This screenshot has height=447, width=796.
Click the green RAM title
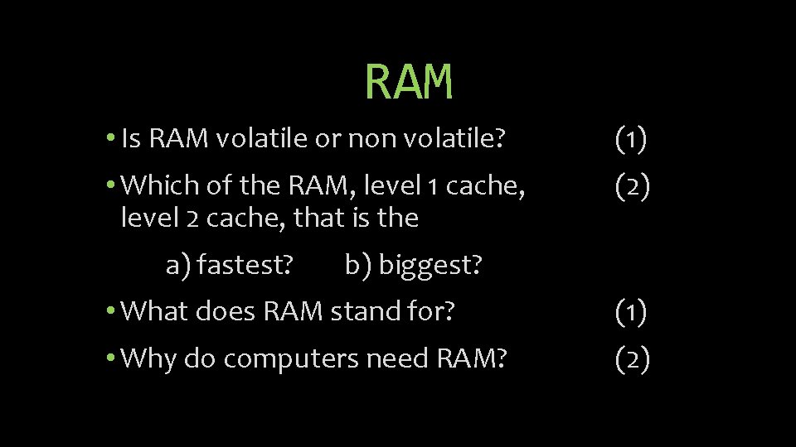(x=409, y=81)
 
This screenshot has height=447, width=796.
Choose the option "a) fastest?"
(x=230, y=266)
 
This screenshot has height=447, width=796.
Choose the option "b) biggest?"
(x=414, y=266)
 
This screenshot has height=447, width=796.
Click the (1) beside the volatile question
(x=632, y=139)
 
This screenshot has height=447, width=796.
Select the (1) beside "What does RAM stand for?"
(x=632, y=312)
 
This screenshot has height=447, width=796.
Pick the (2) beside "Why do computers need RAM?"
(x=632, y=359)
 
